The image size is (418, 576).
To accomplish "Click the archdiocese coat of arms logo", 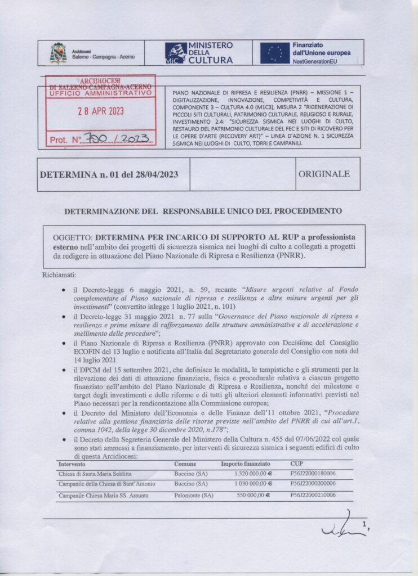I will click(57, 53).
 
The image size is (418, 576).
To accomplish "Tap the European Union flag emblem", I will click(274, 53).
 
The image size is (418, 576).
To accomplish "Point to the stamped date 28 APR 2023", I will click(101, 111).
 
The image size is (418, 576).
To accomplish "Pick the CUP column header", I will click(296, 464).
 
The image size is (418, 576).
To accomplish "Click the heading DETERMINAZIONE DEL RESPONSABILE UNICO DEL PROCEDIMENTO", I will click(203, 211).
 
